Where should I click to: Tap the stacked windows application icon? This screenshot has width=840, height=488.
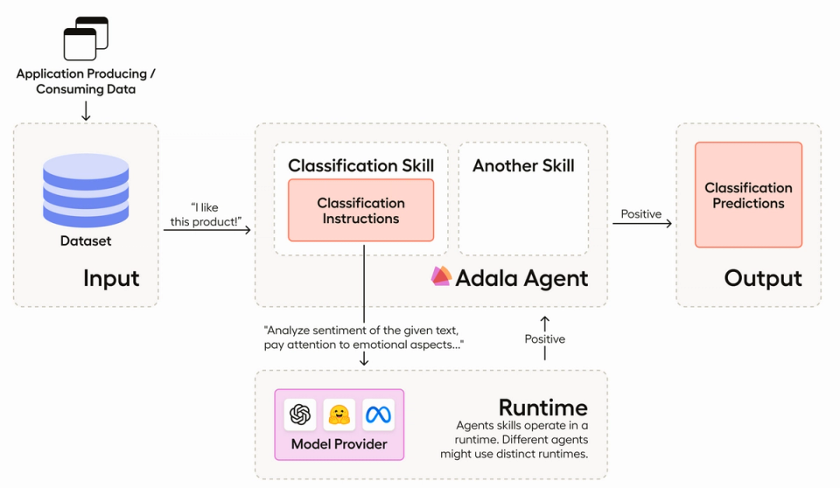pos(86,38)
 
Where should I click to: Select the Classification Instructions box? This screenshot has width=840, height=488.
pos(360,211)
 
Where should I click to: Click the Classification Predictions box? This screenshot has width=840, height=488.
pos(748,195)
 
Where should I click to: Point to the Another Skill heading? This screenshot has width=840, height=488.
pos(523,165)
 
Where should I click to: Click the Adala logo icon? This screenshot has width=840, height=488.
pos(441,276)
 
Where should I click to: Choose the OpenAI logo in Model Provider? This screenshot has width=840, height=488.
pos(300,415)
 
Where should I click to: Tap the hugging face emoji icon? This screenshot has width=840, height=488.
pos(339,415)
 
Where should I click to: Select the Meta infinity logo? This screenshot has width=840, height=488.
pos(379,415)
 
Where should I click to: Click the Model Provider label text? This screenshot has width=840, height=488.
pos(339,444)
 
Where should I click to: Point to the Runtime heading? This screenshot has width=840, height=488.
pos(542,408)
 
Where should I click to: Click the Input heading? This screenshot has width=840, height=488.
pos(111,278)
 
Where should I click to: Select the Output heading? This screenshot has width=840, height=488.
pos(762,278)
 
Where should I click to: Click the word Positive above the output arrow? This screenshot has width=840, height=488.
pos(641,214)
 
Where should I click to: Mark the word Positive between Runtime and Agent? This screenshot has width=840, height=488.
pos(544,338)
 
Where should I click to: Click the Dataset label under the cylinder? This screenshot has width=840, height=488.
pos(86,241)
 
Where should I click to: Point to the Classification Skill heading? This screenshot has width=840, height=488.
pos(360,165)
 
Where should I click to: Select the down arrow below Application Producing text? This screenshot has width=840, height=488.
pos(86,110)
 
